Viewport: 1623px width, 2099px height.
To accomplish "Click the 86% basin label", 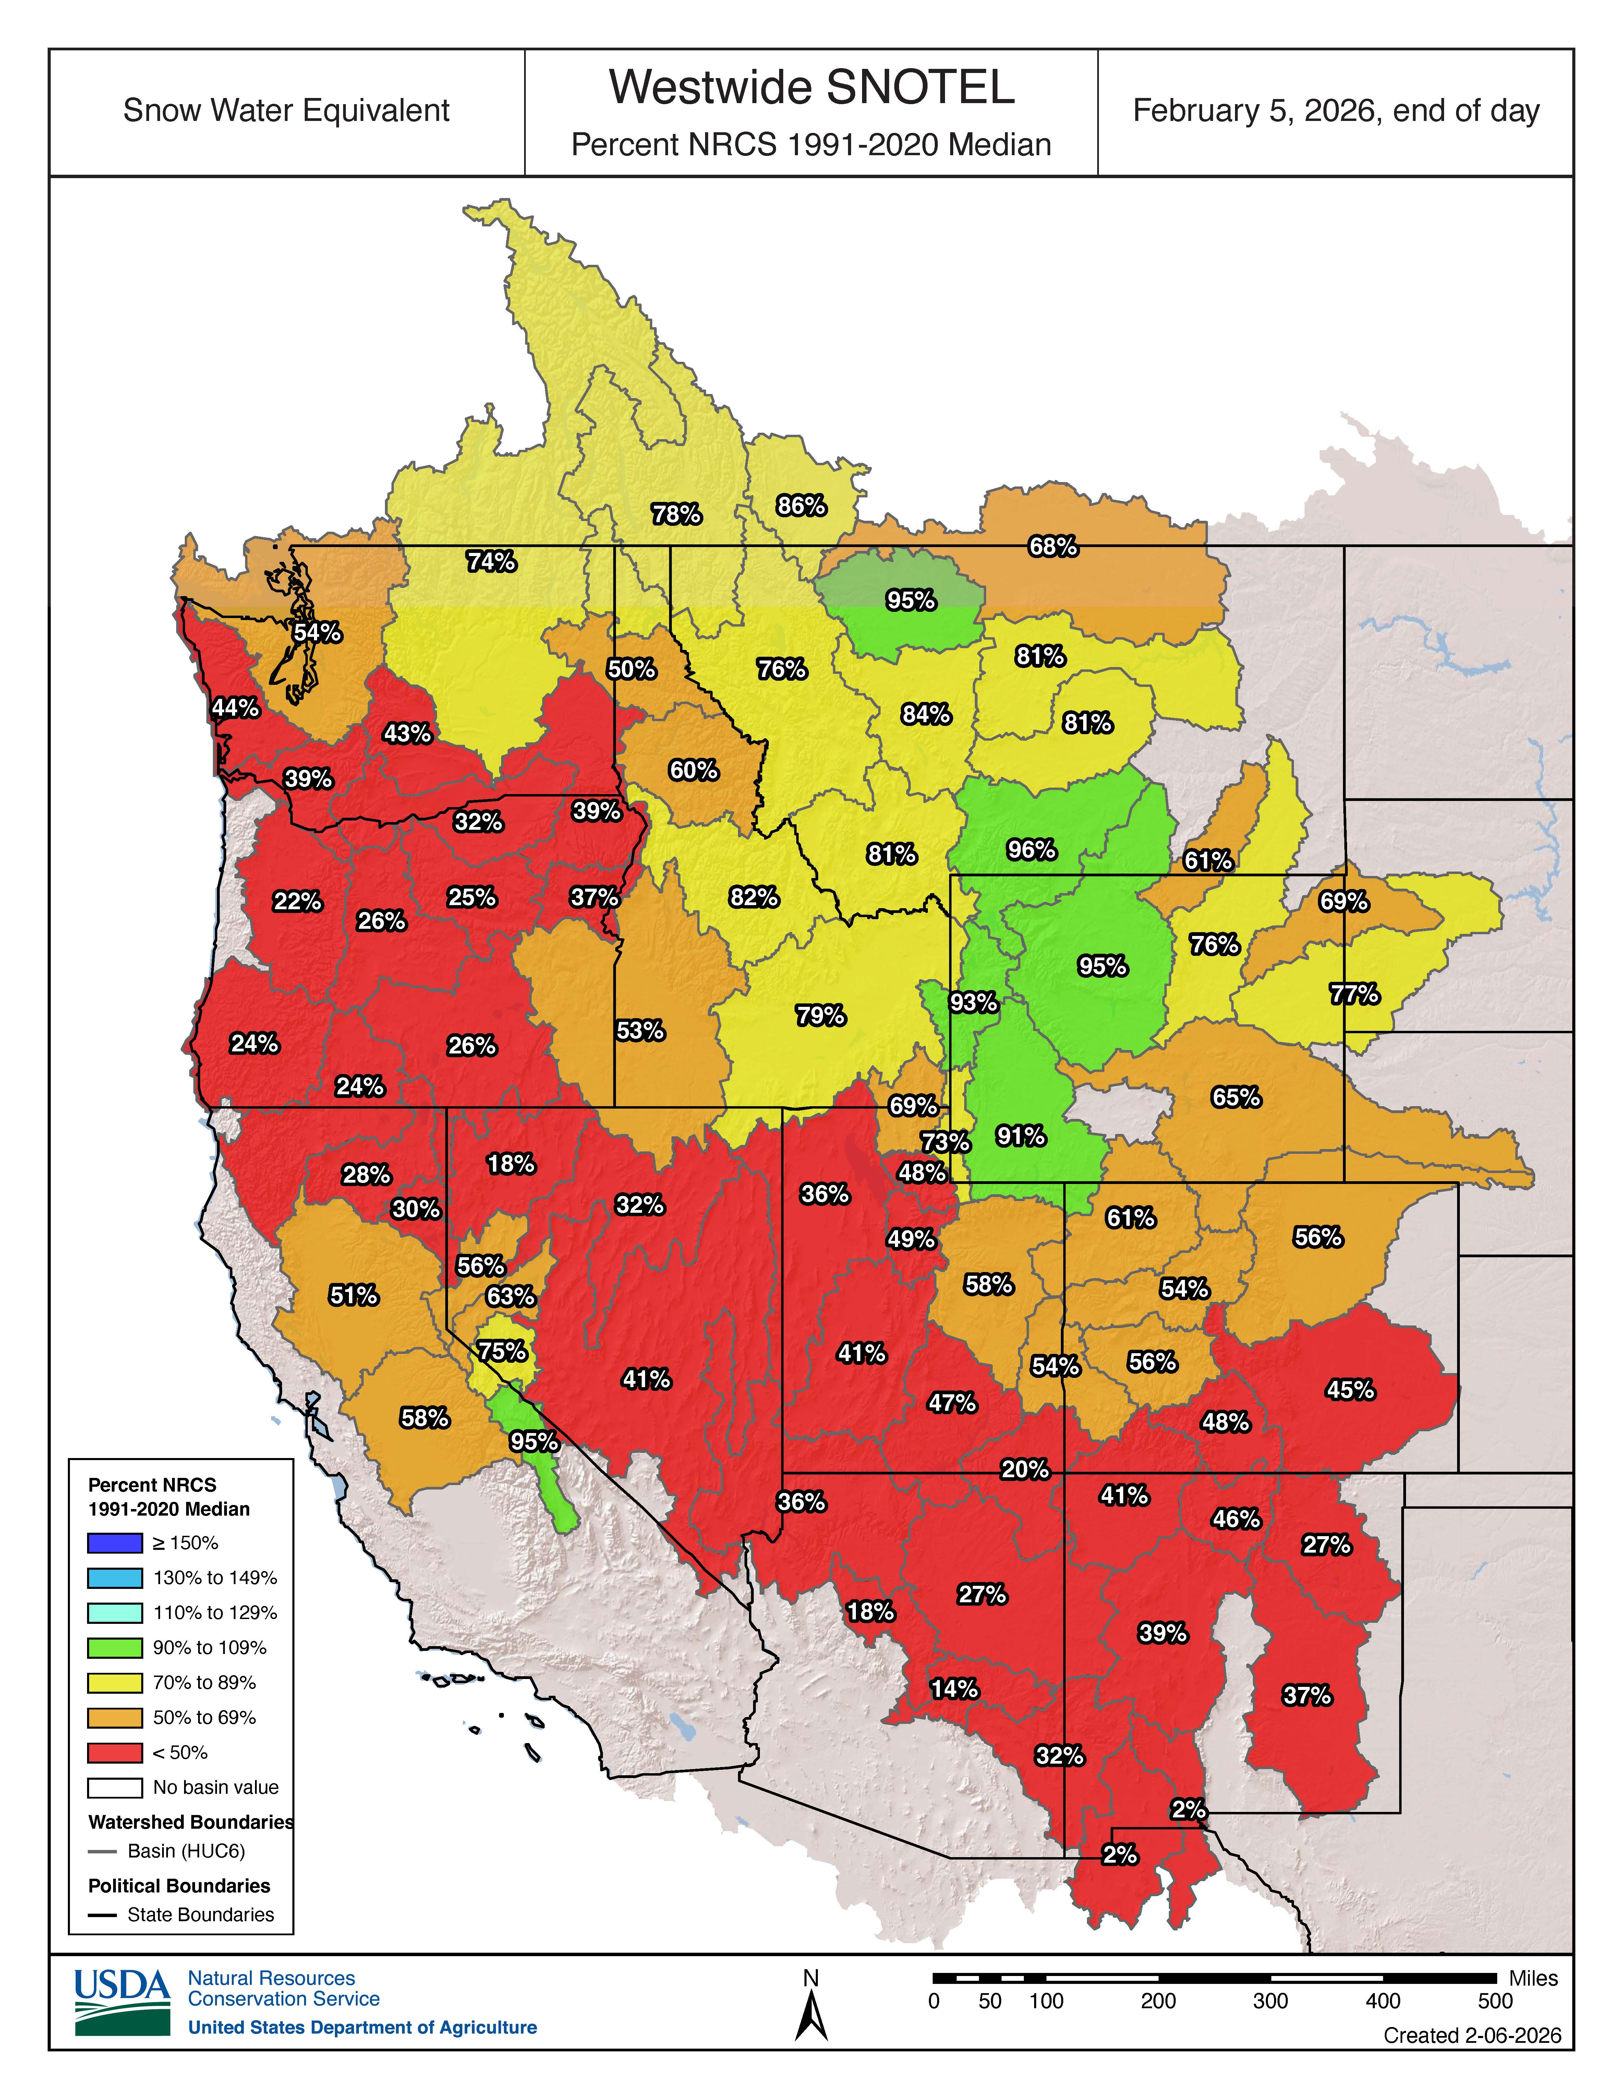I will point(801,506).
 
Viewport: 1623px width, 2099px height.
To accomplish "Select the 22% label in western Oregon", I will point(297,901).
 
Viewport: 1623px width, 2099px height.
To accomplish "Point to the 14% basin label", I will point(954,1689).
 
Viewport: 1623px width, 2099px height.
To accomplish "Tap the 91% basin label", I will point(1020,1136).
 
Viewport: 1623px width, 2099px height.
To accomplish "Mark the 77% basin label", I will point(1354,994).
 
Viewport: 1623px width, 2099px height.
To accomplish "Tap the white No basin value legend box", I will point(114,1788).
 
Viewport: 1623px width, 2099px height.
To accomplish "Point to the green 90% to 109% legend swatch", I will point(114,1647).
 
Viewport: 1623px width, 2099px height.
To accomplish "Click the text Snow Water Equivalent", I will point(286,111).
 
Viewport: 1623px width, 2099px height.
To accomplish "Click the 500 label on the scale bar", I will point(1494,2001).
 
